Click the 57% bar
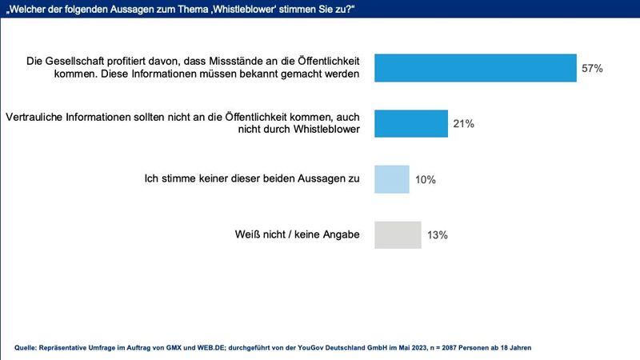[475, 68]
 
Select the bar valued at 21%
[411, 124]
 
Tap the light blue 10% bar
[392, 179]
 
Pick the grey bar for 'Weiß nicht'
[398, 235]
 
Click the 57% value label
[592, 69]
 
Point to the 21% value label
[464, 124]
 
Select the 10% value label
[426, 180]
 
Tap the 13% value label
[437, 235]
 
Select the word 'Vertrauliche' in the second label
[36, 117]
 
